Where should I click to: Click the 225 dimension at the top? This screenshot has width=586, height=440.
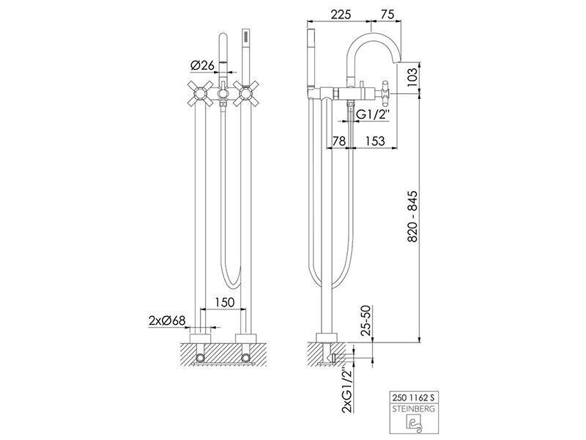[x=341, y=14]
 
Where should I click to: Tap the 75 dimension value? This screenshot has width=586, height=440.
[x=387, y=14]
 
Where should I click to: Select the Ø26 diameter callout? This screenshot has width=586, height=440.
[x=202, y=65]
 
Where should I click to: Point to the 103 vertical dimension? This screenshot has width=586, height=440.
[x=412, y=77]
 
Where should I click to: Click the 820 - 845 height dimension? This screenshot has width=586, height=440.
[x=412, y=216]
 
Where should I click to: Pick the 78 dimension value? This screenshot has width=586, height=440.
[x=338, y=141]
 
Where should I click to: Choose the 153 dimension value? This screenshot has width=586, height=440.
[x=374, y=141]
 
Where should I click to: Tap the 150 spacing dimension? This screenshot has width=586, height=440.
[x=224, y=302]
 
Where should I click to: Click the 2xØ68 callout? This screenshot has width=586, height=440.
[x=167, y=320]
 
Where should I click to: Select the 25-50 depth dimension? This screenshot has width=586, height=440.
[x=366, y=320]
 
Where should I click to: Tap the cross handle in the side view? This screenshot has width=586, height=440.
[x=387, y=92]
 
